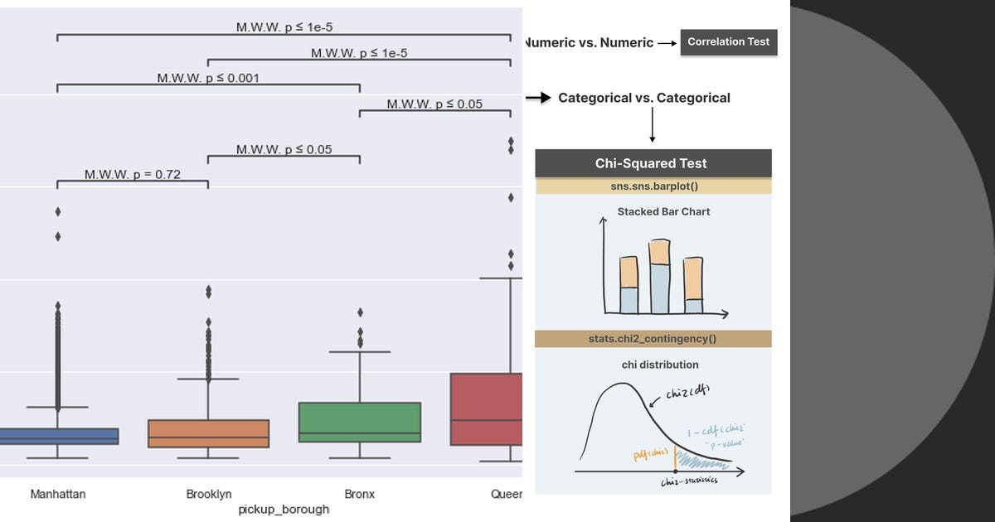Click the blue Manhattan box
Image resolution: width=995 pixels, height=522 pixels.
(x=58, y=436)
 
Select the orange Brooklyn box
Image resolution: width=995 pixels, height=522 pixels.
(x=208, y=433)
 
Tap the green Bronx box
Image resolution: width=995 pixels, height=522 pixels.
(x=359, y=422)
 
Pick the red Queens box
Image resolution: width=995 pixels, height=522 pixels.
(x=487, y=409)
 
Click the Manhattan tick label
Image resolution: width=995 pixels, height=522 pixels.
(x=58, y=494)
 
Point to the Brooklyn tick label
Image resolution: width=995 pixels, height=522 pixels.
(x=209, y=494)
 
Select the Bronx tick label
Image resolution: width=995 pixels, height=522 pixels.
(x=359, y=494)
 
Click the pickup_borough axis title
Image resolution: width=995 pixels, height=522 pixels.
(x=284, y=510)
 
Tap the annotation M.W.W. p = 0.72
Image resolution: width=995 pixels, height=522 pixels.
(x=133, y=175)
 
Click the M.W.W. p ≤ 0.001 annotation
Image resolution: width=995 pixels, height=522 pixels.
(x=208, y=79)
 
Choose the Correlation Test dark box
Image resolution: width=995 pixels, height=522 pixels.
(x=729, y=41)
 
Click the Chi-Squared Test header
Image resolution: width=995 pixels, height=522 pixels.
(x=653, y=163)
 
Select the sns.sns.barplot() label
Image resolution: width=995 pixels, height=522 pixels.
(x=653, y=186)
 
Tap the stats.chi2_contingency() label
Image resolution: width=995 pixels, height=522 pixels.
(x=653, y=339)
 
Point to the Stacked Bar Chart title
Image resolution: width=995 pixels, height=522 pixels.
(x=663, y=212)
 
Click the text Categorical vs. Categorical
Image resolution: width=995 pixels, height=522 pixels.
(x=644, y=98)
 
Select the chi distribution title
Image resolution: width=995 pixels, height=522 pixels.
(x=660, y=365)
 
